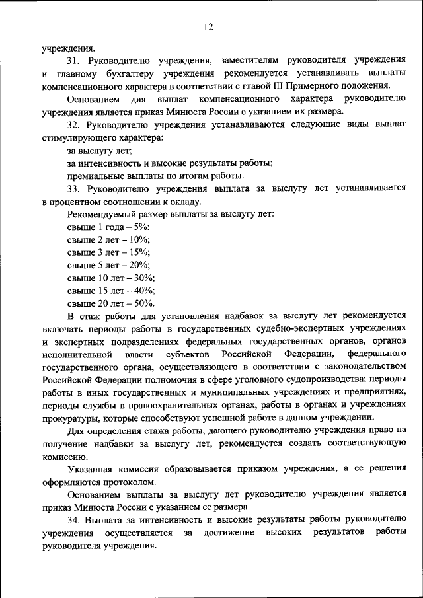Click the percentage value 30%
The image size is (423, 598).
coord(143,278)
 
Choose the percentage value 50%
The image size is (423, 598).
coord(143,303)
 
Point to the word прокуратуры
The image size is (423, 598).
coord(69,418)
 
